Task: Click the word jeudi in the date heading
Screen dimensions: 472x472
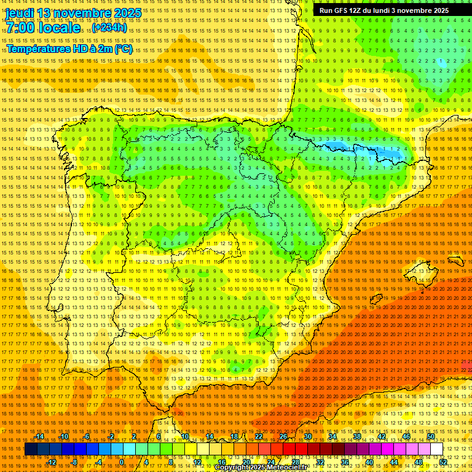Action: [20, 13]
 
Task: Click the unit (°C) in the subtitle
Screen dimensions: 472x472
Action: [123, 49]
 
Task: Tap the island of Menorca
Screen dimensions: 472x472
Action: [456, 261]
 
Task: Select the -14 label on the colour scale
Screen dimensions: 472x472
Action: [39, 436]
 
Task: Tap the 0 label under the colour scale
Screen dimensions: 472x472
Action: [122, 462]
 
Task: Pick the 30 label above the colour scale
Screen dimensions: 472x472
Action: [308, 436]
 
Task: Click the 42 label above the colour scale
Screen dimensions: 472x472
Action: [382, 436]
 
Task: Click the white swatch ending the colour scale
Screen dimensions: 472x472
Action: [437, 449]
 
